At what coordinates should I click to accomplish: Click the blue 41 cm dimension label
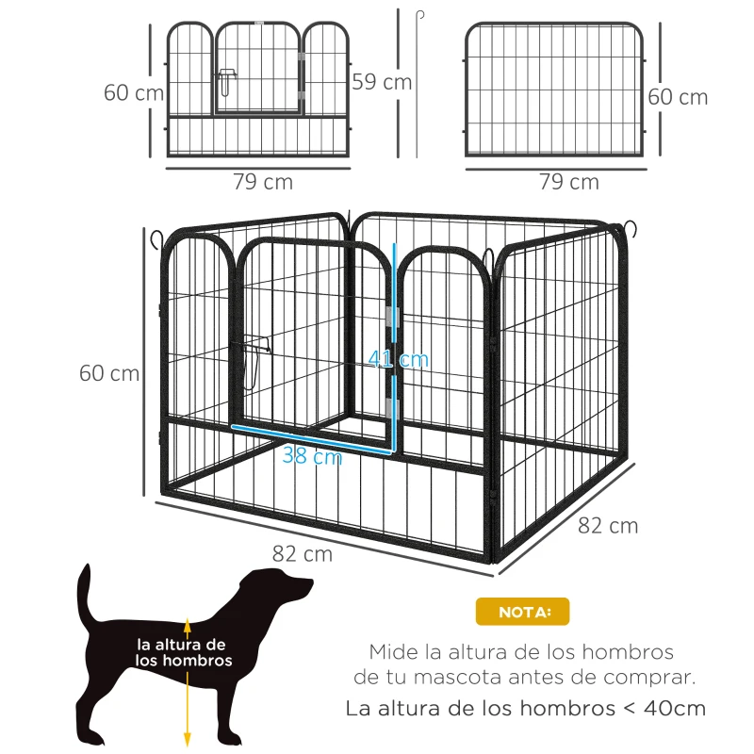click(x=399, y=359)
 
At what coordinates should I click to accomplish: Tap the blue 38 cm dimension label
click(x=312, y=457)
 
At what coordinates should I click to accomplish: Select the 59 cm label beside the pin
click(x=381, y=82)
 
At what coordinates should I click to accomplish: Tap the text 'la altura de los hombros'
click(x=181, y=652)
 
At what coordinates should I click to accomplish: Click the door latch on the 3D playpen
click(x=254, y=362)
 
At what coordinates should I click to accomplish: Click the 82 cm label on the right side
click(x=607, y=525)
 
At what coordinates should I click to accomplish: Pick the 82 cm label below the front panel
click(x=302, y=554)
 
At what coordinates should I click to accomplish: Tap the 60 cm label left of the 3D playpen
click(x=108, y=373)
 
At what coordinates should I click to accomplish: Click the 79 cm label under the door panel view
click(x=263, y=182)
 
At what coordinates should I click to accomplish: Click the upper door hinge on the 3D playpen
click(x=393, y=316)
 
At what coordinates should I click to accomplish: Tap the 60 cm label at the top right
click(x=678, y=97)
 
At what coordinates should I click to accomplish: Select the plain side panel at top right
click(x=555, y=90)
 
